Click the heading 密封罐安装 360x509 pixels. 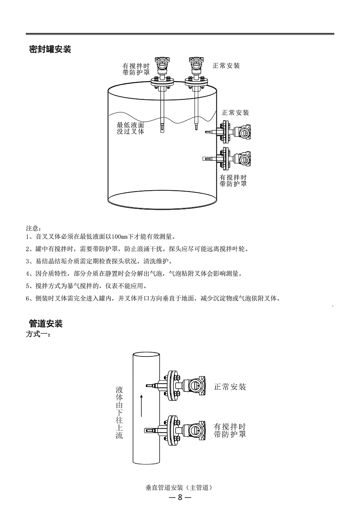50,49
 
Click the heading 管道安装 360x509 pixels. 46,323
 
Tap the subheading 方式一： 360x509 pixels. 38,334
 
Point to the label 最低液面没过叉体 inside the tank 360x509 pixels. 131,128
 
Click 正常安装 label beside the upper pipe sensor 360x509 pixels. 230,387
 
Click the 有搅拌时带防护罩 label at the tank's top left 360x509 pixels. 136,69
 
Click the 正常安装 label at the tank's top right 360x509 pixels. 226,66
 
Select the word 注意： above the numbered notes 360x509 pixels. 34,228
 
